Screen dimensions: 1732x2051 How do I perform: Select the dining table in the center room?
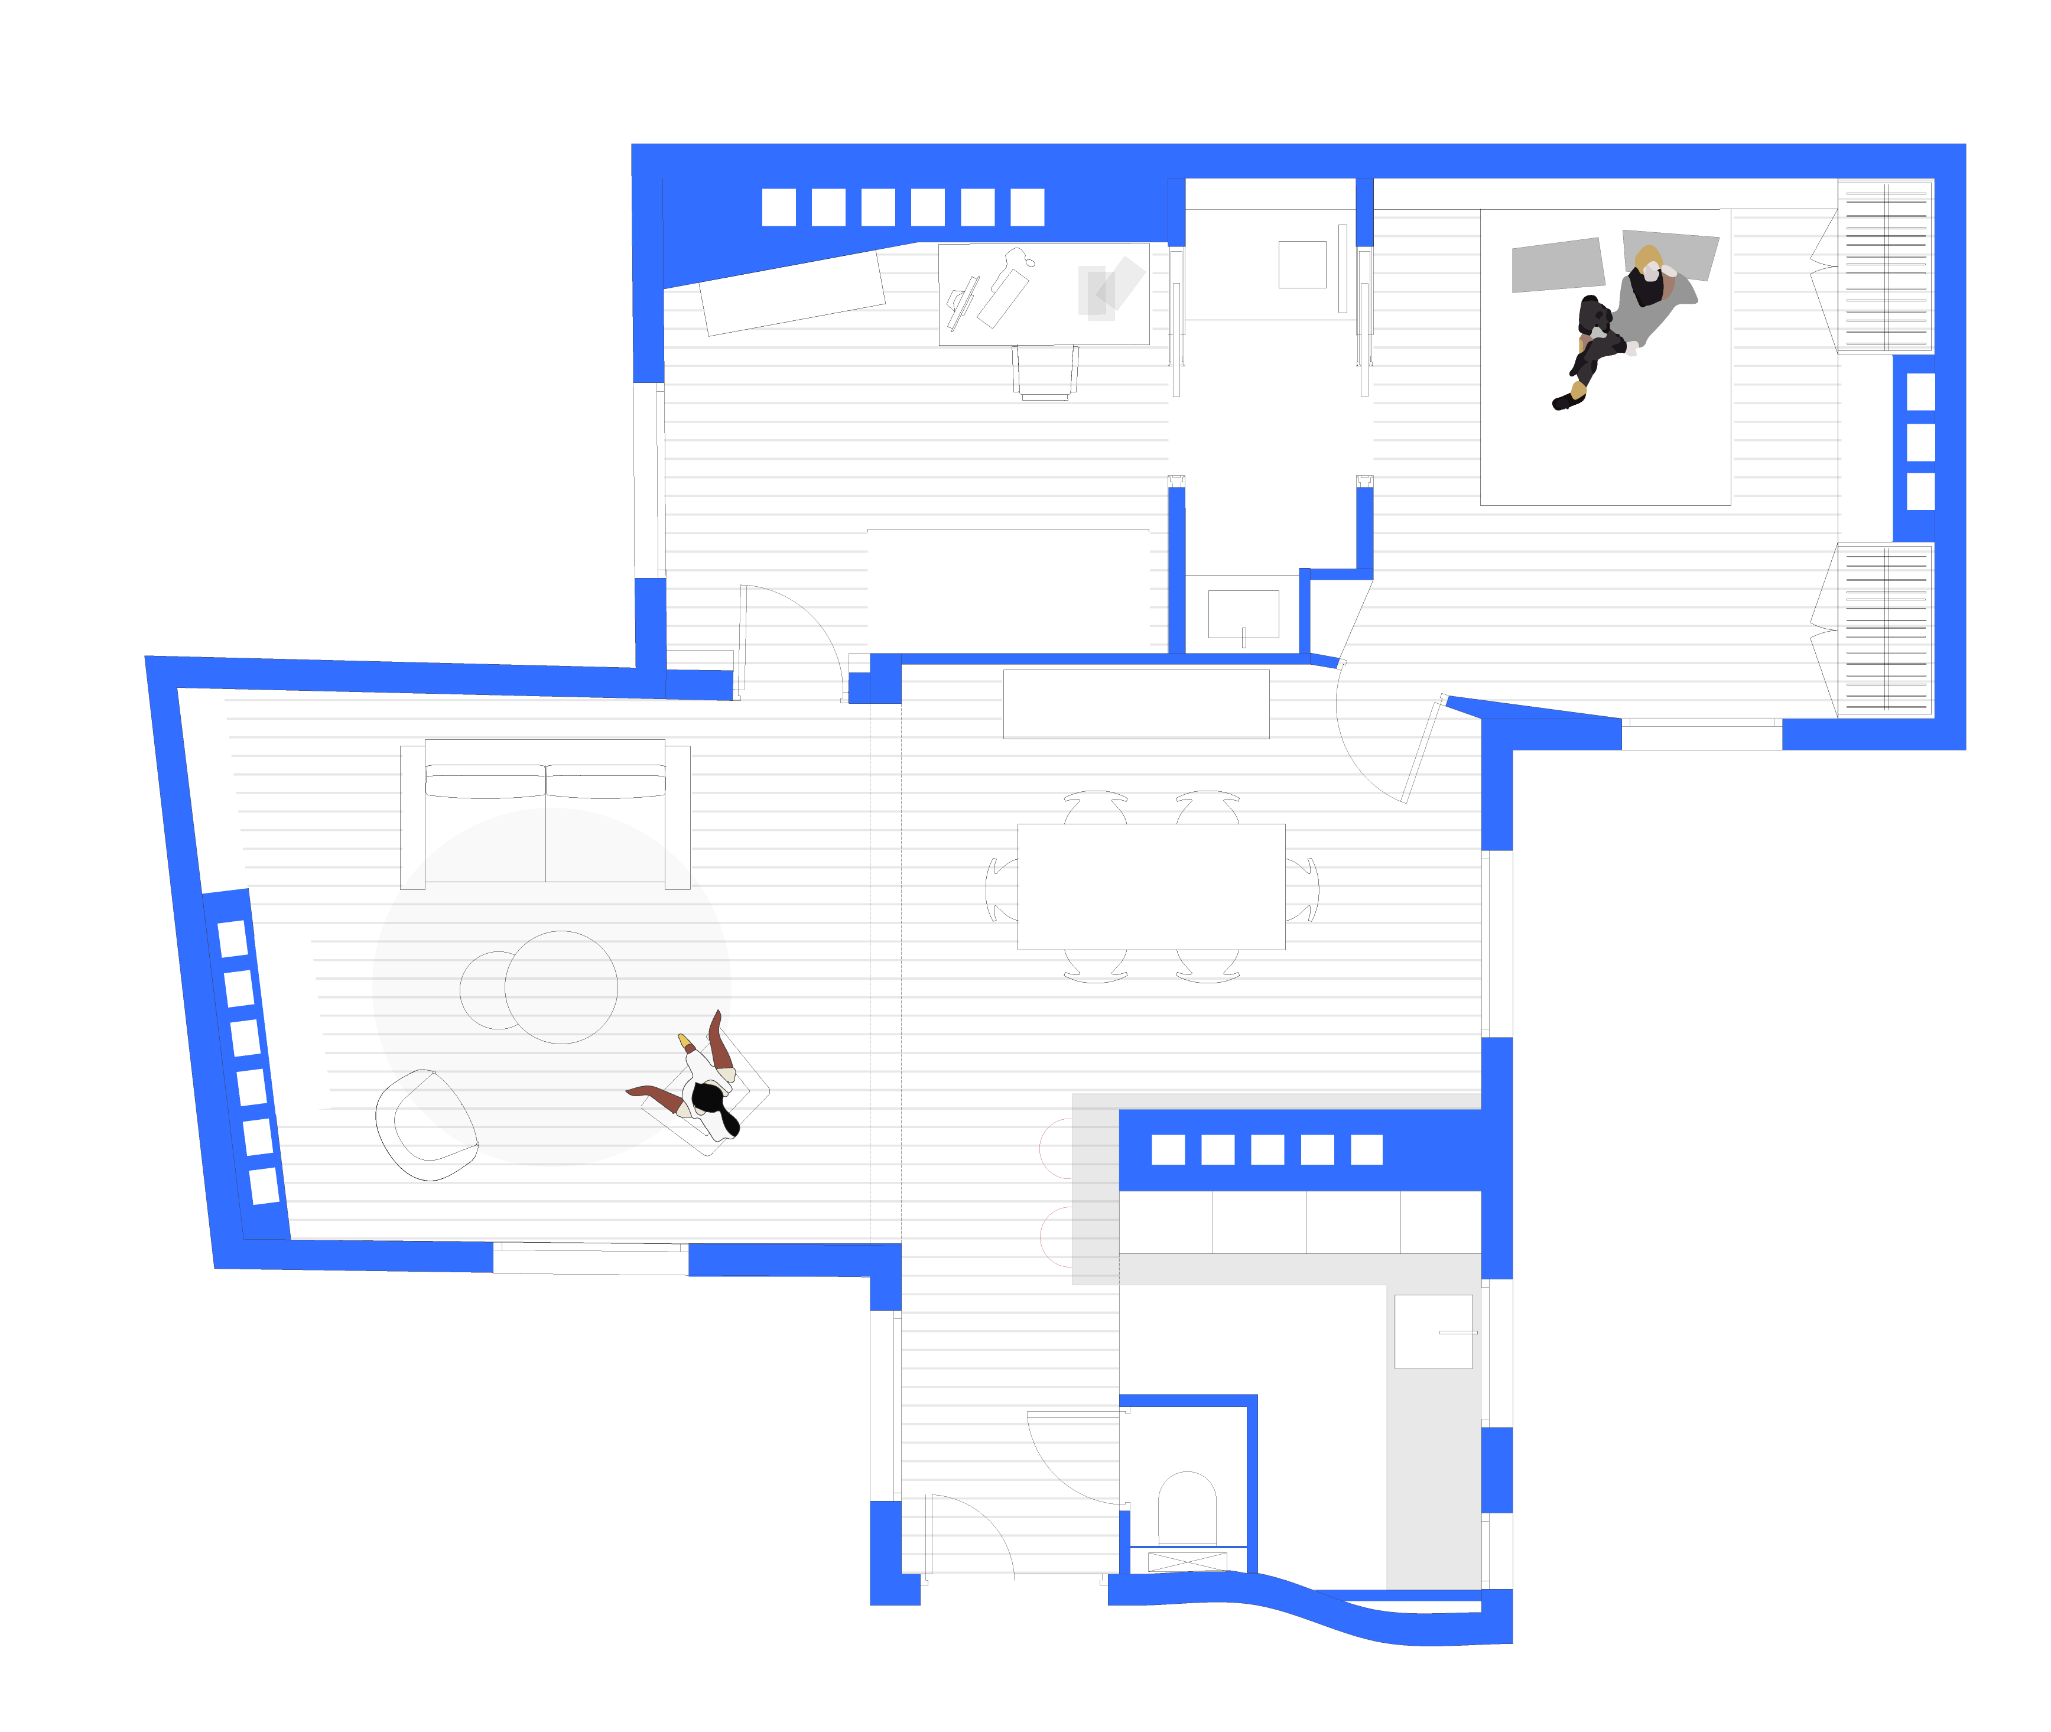click(1150, 886)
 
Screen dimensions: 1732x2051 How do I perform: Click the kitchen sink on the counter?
click(1432, 1330)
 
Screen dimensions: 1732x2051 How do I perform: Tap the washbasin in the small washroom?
click(1242, 613)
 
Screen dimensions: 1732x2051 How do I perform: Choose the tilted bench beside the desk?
click(791, 293)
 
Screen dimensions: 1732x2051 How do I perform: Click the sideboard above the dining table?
click(1135, 703)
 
